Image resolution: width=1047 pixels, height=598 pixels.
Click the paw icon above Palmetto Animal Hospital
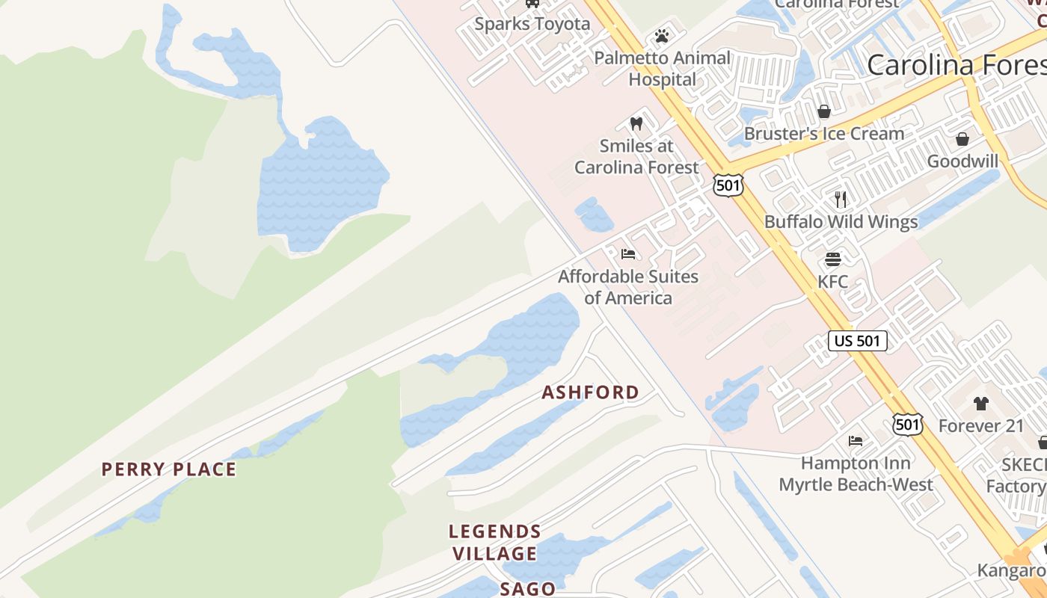tap(661, 36)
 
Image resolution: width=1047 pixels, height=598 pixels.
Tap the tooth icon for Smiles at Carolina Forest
tap(636, 123)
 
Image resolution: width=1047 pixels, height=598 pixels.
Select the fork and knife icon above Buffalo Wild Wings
tap(841, 199)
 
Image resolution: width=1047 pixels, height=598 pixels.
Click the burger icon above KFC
tap(833, 259)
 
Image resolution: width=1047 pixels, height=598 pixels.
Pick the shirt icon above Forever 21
tap(980, 404)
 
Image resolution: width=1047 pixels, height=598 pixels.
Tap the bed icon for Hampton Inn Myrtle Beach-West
tap(856, 441)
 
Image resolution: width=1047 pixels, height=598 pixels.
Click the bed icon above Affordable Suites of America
tap(628, 254)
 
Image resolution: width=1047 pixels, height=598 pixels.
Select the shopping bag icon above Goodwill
tap(962, 139)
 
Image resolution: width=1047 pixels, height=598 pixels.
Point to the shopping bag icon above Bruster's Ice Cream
tap(824, 111)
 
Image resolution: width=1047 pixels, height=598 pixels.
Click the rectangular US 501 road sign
tap(858, 341)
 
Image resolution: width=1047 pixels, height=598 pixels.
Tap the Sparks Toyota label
tap(532, 24)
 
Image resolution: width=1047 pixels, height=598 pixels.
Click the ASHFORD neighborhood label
tap(590, 392)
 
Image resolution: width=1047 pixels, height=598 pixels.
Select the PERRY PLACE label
tap(169, 469)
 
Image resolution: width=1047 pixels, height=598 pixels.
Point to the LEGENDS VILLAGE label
tap(494, 543)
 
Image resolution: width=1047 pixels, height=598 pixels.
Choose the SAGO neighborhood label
tap(528, 589)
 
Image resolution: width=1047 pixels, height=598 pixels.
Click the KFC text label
tap(832, 282)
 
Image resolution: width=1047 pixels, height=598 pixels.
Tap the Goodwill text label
tap(962, 161)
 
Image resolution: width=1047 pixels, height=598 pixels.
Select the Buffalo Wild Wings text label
tap(841, 222)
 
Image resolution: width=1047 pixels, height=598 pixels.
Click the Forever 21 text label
tap(980, 426)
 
